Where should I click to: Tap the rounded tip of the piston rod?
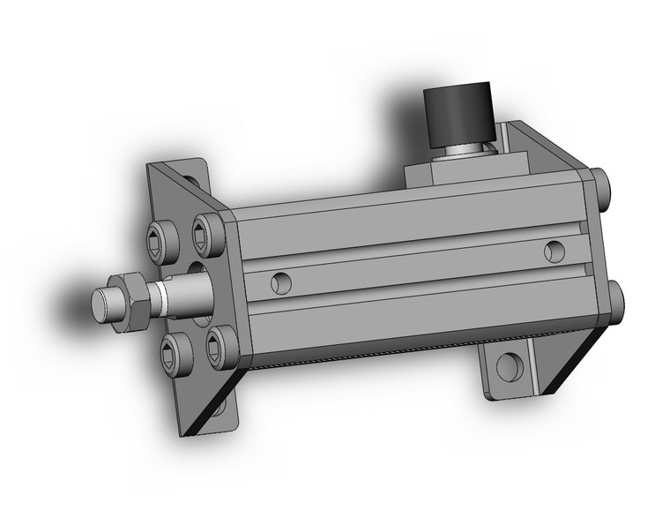[104, 302]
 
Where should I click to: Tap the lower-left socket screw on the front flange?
[173, 355]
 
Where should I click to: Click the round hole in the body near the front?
[280, 282]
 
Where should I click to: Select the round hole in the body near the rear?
[555, 251]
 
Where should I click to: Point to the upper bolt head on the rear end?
[603, 185]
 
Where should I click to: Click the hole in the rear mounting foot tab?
[507, 366]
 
